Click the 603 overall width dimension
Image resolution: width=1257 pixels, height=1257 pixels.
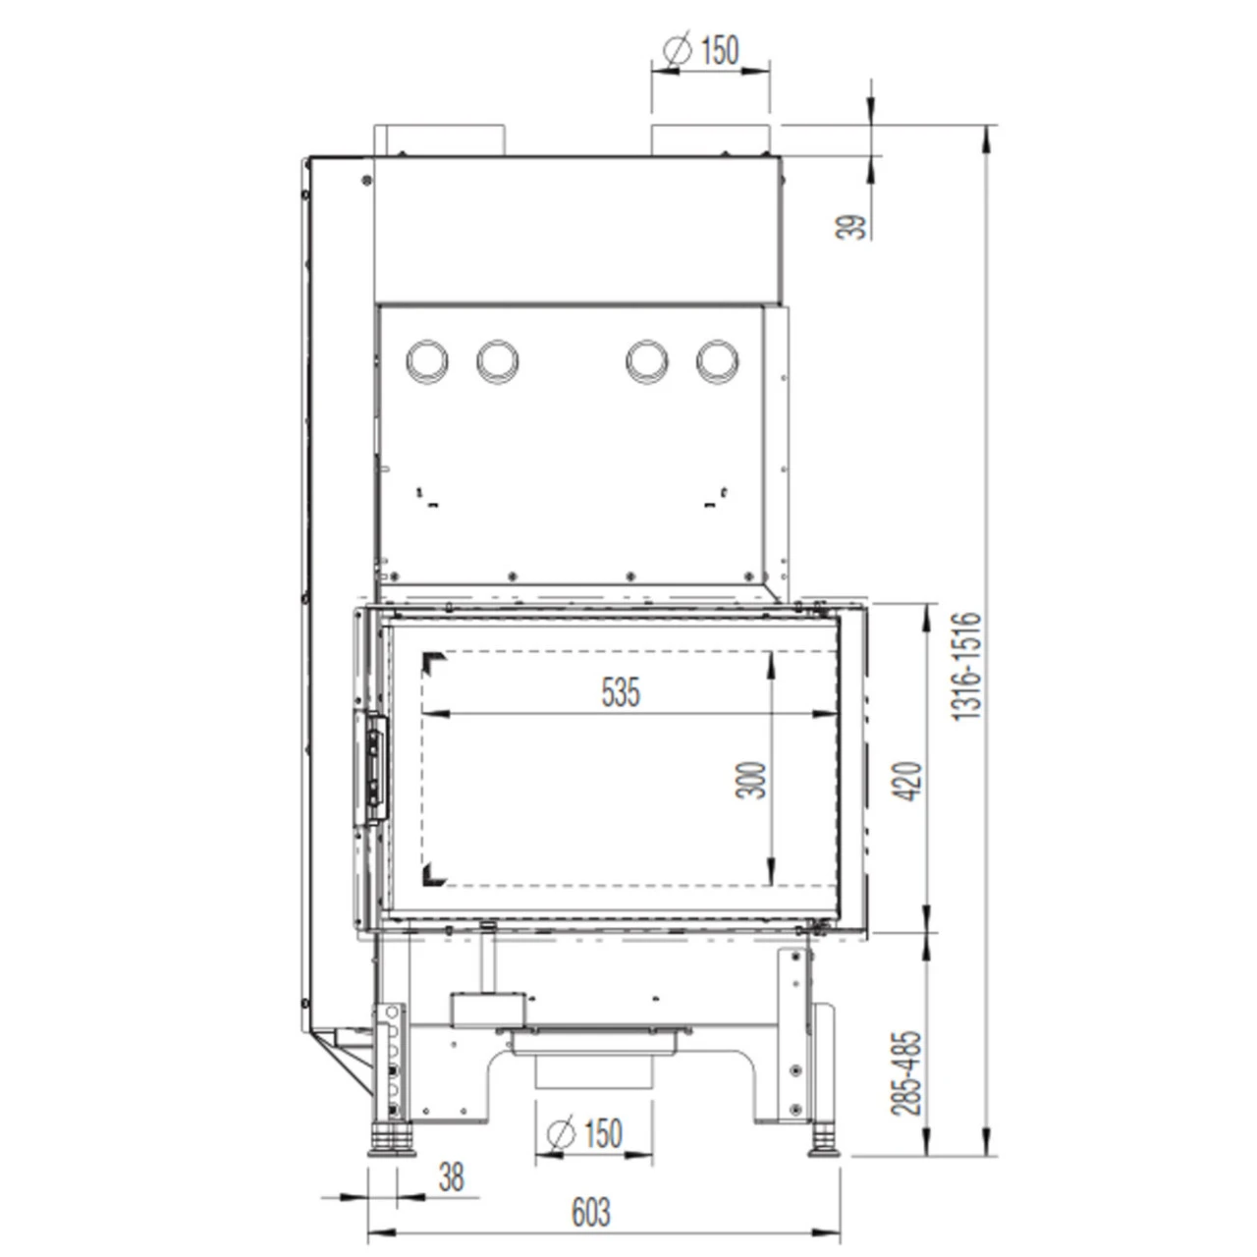click(591, 1212)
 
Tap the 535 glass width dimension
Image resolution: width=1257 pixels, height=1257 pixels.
click(621, 692)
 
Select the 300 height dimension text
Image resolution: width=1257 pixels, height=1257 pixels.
click(750, 780)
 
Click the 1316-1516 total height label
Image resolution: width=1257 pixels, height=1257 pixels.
click(966, 666)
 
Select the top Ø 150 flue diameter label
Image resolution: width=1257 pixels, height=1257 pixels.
click(701, 51)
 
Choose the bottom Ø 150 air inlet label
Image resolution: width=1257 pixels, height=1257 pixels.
click(585, 1133)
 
